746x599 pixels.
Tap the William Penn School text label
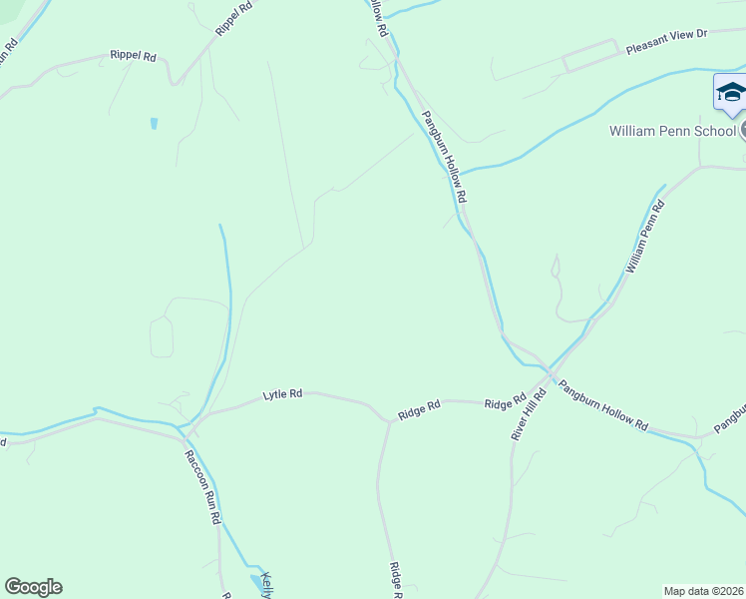pyautogui.click(x=673, y=131)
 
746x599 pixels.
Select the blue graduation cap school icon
pyautogui.click(x=731, y=94)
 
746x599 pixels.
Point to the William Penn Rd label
pyautogui.click(x=643, y=238)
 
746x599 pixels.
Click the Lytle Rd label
pyautogui.click(x=282, y=394)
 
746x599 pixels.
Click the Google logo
pyautogui.click(x=33, y=587)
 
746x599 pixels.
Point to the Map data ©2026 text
pyautogui.click(x=703, y=591)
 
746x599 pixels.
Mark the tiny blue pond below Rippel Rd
pyautogui.click(x=154, y=124)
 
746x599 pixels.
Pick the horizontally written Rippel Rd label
pyautogui.click(x=133, y=57)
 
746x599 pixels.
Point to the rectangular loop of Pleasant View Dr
pyautogui.click(x=590, y=56)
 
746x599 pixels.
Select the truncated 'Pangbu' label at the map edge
pyautogui.click(x=730, y=419)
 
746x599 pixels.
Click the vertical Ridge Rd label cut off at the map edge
pyautogui.click(x=394, y=578)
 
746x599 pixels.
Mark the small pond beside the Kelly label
pyautogui.click(x=251, y=579)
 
